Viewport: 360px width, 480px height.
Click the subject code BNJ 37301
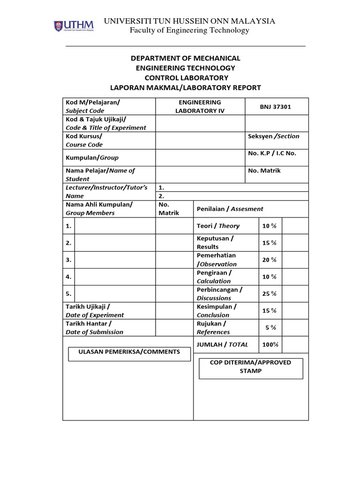pyautogui.click(x=276, y=106)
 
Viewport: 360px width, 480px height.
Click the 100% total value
pyautogui.click(x=270, y=345)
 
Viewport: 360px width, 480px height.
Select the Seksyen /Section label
pyautogui.click(x=273, y=136)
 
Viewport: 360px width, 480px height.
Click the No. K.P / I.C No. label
pyautogui.click(x=272, y=153)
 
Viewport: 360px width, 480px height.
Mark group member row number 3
pyautogui.click(x=68, y=260)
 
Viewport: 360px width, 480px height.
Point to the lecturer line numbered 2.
pyautogui.click(x=162, y=196)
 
